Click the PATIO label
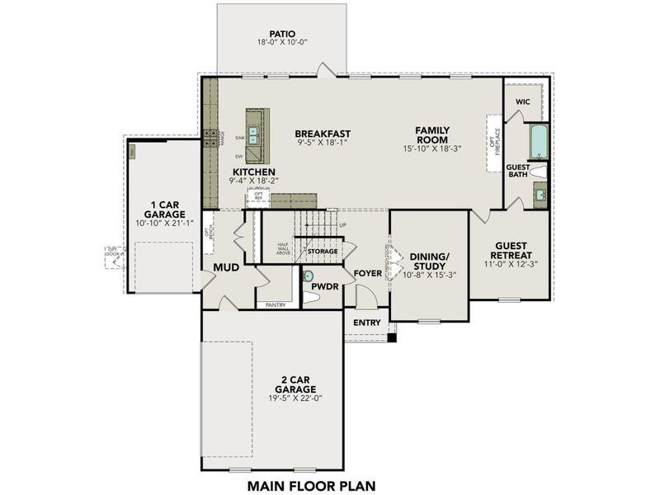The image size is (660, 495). tap(282, 34)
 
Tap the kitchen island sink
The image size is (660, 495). tap(255, 138)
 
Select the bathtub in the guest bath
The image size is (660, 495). tap(538, 142)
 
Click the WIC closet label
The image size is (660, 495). tap(522, 101)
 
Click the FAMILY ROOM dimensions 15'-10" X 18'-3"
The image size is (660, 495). tap(431, 149)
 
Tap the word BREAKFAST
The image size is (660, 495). tap(323, 133)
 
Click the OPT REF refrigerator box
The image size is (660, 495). tap(258, 196)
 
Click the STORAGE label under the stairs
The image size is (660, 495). tap(323, 251)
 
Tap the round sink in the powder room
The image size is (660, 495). tap(309, 277)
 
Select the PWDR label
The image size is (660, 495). tap(326, 287)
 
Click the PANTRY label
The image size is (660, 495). tap(275, 305)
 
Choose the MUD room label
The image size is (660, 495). tap(227, 268)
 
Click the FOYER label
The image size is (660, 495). tap(367, 272)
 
